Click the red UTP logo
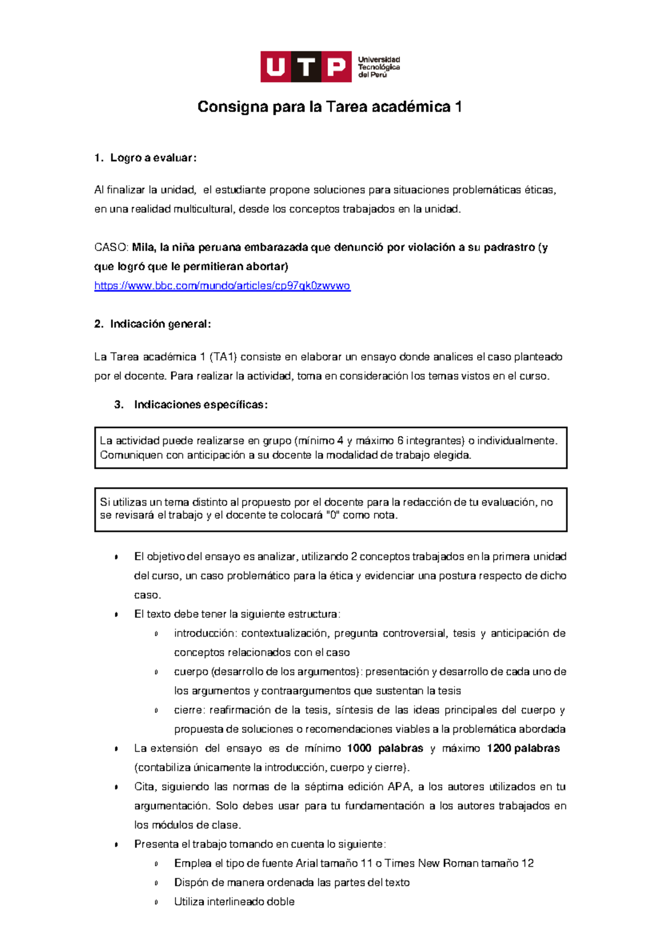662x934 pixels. point(306,67)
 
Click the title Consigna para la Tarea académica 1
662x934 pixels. point(329,107)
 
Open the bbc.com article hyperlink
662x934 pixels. point(222,286)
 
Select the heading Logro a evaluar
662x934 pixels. point(153,158)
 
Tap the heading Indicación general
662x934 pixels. point(160,324)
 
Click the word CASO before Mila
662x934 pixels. point(111,248)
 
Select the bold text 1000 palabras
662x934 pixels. point(385,748)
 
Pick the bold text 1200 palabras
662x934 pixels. point(523,748)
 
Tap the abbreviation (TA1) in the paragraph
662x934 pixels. point(223,357)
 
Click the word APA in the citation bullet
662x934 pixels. point(399,787)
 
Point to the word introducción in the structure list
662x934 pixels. point(205,634)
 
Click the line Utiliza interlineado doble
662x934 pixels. point(234,901)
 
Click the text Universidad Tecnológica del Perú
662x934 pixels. point(379,67)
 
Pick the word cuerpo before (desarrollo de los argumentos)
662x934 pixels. point(190,672)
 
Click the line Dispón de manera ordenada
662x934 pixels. point(291,883)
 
